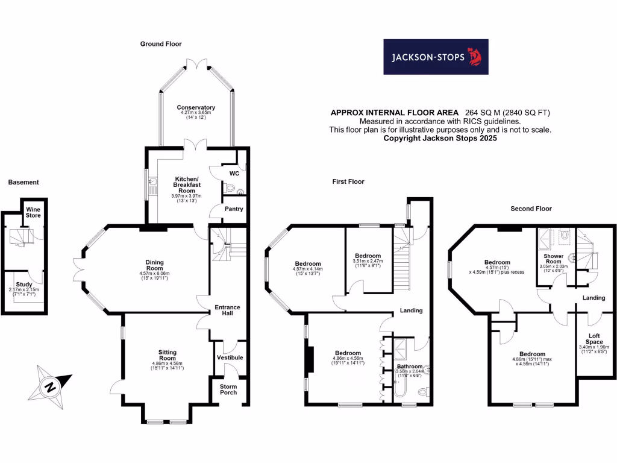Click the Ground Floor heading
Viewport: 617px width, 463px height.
[161, 44]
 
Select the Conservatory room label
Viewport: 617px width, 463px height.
[196, 107]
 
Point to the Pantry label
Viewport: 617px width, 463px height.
[234, 209]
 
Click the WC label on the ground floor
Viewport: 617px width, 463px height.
[234, 174]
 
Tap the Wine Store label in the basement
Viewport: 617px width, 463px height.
[33, 212]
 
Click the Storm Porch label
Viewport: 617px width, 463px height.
[228, 389]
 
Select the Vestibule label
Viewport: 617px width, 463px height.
[230, 357]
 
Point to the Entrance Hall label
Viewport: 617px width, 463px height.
[228, 310]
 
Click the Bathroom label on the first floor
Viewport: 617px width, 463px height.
[410, 367]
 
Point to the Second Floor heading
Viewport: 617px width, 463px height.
[531, 209]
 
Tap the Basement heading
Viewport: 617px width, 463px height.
[23, 182]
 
